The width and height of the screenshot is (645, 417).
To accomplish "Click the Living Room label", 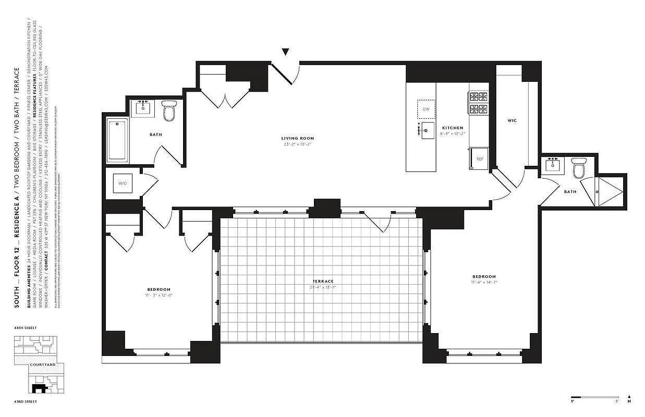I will (x=299, y=138).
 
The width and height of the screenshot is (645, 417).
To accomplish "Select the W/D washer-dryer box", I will (x=123, y=183).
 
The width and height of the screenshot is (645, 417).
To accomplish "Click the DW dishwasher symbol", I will (x=425, y=109).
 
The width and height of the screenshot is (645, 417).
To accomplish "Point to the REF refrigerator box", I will (x=479, y=158).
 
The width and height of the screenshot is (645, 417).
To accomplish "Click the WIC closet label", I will (x=512, y=120).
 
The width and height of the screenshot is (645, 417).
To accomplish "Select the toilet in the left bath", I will (x=168, y=111).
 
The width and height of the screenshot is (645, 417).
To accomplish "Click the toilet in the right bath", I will (x=578, y=169).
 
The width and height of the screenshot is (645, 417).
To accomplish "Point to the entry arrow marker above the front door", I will (x=285, y=52).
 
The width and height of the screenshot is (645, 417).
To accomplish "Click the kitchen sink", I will (x=428, y=130).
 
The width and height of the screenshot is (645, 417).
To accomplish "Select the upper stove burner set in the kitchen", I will (x=479, y=96).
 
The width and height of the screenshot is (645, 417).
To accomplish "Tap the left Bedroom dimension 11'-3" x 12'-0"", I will (x=158, y=296).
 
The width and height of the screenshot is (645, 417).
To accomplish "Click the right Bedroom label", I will (x=484, y=276).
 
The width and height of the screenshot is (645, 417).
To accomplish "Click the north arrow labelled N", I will (x=629, y=399).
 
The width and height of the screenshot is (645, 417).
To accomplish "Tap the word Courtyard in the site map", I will (x=42, y=365).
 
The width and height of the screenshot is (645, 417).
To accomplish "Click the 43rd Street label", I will (x=26, y=401).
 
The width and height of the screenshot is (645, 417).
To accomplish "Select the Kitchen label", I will (x=452, y=128).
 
